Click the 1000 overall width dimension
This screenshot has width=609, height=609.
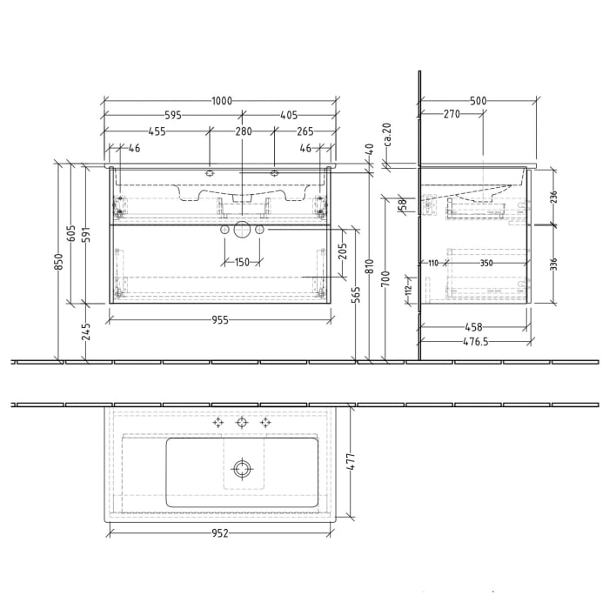(221, 101)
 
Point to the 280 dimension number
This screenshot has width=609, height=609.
(243, 132)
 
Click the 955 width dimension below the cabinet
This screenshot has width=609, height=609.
(219, 320)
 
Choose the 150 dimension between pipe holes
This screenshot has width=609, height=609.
(241, 263)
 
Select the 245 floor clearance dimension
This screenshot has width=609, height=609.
(87, 332)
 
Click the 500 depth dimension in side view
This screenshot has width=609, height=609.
(477, 101)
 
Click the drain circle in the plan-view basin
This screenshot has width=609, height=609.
(241, 470)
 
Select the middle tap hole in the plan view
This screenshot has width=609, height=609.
(241, 422)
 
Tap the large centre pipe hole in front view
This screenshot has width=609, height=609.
(241, 230)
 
